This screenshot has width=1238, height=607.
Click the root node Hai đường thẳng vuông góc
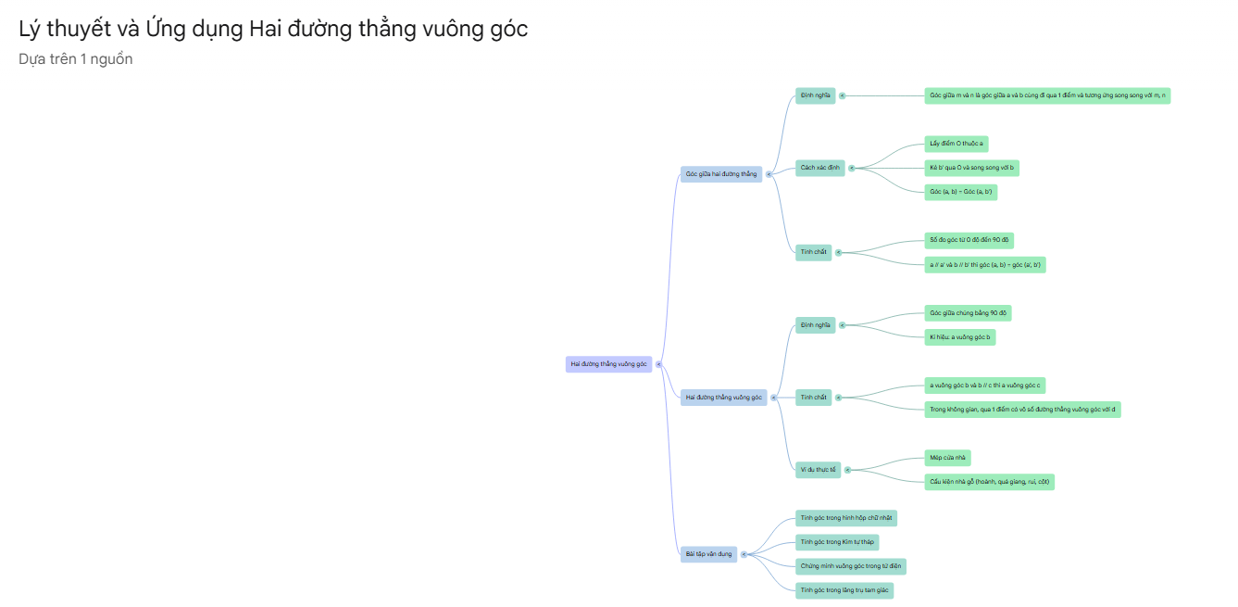pyautogui.click(x=608, y=364)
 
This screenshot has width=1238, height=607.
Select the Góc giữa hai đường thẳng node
pyautogui.click(x=720, y=174)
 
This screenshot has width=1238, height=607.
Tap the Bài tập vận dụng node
pyautogui.click(x=708, y=554)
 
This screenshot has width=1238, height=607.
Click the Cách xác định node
pyautogui.click(x=819, y=168)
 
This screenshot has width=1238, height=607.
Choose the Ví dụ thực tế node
pyautogui.click(x=818, y=470)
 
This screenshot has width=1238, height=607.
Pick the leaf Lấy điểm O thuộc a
pyautogui.click(x=957, y=144)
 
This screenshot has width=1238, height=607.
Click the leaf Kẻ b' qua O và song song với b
pyautogui.click(x=972, y=168)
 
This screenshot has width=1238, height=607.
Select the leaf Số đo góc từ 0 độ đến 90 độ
pyautogui.click(x=969, y=240)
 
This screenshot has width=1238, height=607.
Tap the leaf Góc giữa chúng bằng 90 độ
pyautogui.click(x=968, y=313)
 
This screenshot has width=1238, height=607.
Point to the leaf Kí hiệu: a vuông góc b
pyautogui.click(x=959, y=337)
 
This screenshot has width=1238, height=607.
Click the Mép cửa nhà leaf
pyautogui.click(x=947, y=458)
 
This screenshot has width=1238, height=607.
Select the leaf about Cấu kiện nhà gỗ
pyautogui.click(x=989, y=482)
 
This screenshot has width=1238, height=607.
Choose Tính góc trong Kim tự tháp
pyautogui.click(x=837, y=542)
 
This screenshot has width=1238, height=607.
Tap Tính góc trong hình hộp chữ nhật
pyautogui.click(x=846, y=518)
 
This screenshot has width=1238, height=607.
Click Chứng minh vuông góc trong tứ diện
pyautogui.click(x=850, y=566)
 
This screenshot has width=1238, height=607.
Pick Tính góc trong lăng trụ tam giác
pyautogui.click(x=844, y=590)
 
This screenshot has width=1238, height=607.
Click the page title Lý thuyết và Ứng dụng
pyautogui.click(x=273, y=29)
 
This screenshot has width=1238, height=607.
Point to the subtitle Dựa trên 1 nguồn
pyautogui.click(x=76, y=59)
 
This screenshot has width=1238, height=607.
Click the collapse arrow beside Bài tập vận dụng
pyautogui.click(x=744, y=554)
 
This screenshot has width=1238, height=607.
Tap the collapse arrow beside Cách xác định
pyautogui.click(x=852, y=168)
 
